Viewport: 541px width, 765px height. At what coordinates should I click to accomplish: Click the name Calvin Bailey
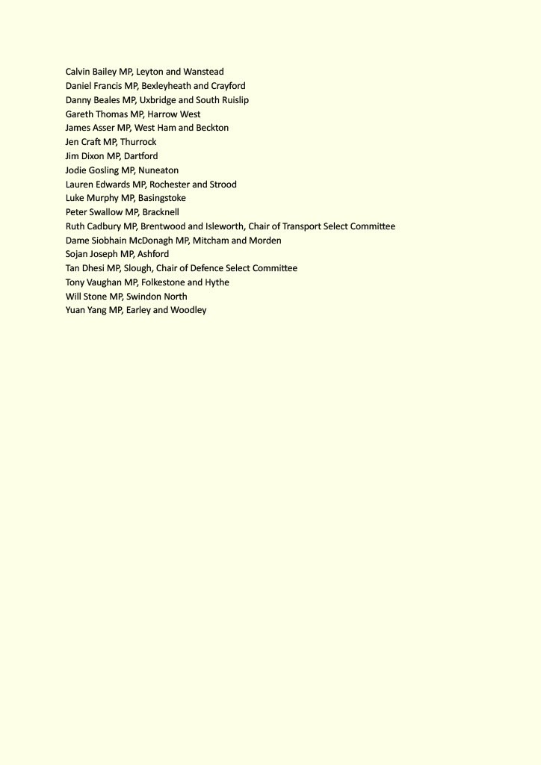[90, 72]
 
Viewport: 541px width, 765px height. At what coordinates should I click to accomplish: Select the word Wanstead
[203, 72]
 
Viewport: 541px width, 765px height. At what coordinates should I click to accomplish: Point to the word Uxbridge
[158, 100]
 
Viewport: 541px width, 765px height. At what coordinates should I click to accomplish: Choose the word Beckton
[212, 128]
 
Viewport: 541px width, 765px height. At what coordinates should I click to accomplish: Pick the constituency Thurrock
[138, 142]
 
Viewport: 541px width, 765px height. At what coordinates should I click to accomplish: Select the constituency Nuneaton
[158, 170]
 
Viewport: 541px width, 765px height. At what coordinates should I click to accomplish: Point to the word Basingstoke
[161, 198]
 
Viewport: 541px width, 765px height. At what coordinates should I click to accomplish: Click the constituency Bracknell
[161, 212]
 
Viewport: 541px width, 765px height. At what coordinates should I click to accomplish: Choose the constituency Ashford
[153, 254]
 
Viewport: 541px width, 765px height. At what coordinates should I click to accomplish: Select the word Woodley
[188, 310]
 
